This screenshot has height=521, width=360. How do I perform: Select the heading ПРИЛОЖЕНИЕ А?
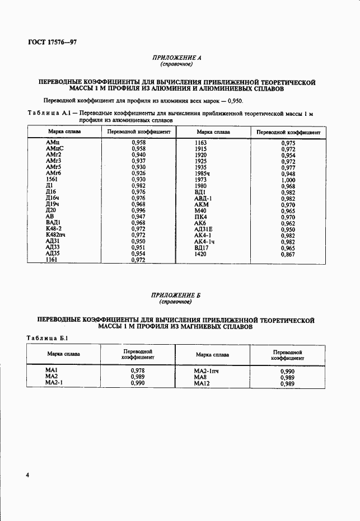coord(176,58)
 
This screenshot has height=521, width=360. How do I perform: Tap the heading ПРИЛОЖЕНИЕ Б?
coord(176,296)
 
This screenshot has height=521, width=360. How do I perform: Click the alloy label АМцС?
coord(55,149)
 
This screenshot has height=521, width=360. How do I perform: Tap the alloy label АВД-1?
coord(203,198)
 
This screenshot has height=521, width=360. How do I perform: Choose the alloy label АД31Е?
coord(204,229)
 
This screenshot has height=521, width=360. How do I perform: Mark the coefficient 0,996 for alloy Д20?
coord(138,210)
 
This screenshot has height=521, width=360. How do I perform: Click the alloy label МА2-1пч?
coord(208,371)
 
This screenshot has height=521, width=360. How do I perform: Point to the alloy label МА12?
coord(202,383)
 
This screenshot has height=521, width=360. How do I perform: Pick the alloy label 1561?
coord(52,180)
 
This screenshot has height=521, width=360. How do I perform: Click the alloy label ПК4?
coord(200,217)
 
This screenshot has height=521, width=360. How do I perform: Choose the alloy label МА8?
coord(200,377)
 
